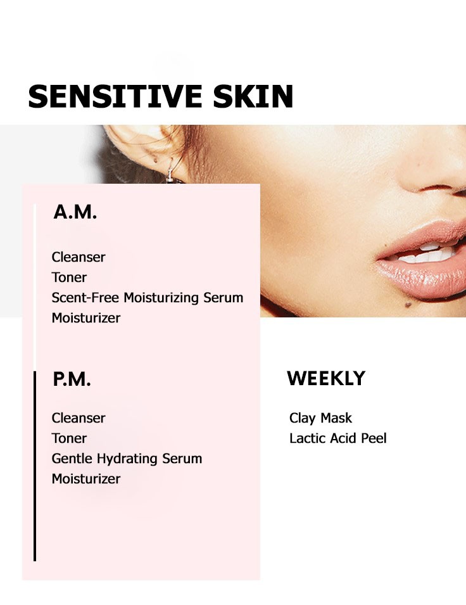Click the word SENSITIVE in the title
click(x=115, y=96)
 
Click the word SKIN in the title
click(x=253, y=96)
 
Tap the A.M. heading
click(x=75, y=212)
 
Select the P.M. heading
click(x=72, y=379)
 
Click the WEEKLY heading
click(x=326, y=378)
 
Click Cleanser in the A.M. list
click(x=79, y=257)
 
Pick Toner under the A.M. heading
click(x=69, y=277)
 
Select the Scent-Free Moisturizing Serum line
click(x=148, y=298)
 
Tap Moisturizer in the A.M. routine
click(x=86, y=318)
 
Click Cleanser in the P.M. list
click(x=79, y=418)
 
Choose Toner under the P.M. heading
click(x=69, y=438)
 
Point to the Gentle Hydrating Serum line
click(x=127, y=459)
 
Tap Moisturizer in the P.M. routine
click(x=86, y=479)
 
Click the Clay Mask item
click(x=320, y=418)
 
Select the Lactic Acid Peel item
click(x=338, y=438)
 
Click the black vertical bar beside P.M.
click(x=35, y=466)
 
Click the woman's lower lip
click(x=424, y=276)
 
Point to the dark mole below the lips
click(x=408, y=305)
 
